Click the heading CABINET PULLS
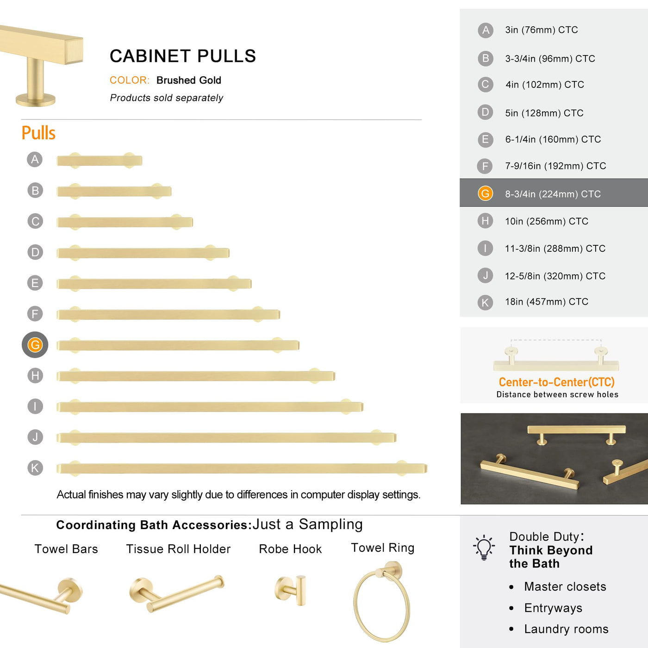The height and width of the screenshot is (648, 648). coord(182,56)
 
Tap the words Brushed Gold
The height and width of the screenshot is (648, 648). coord(189,81)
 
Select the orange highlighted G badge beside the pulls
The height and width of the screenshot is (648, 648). coord(35,345)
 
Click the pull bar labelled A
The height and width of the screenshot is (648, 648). coord(100,161)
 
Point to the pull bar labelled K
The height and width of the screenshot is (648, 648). coord(242,468)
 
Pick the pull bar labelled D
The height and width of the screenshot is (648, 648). coord(143,253)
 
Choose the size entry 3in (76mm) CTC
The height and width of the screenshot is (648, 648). coord(542,30)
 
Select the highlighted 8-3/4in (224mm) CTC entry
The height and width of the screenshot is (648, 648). coord(553,194)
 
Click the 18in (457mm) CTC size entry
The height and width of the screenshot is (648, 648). coord(547,302)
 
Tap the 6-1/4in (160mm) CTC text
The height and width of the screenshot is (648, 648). coord(553,139)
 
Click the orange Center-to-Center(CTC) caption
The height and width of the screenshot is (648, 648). coord(556,382)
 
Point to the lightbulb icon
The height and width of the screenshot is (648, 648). coord(484,547)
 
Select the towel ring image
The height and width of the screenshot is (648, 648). coord(382,601)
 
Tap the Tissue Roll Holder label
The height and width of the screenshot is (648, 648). coord(178,549)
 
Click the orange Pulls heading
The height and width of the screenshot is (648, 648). coord(38,133)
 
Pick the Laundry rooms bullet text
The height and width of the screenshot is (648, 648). coord(566,629)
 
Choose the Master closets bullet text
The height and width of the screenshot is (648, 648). coord(565,586)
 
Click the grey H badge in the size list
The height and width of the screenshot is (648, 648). coord(485,221)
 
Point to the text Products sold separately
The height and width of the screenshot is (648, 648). coord(167,98)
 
